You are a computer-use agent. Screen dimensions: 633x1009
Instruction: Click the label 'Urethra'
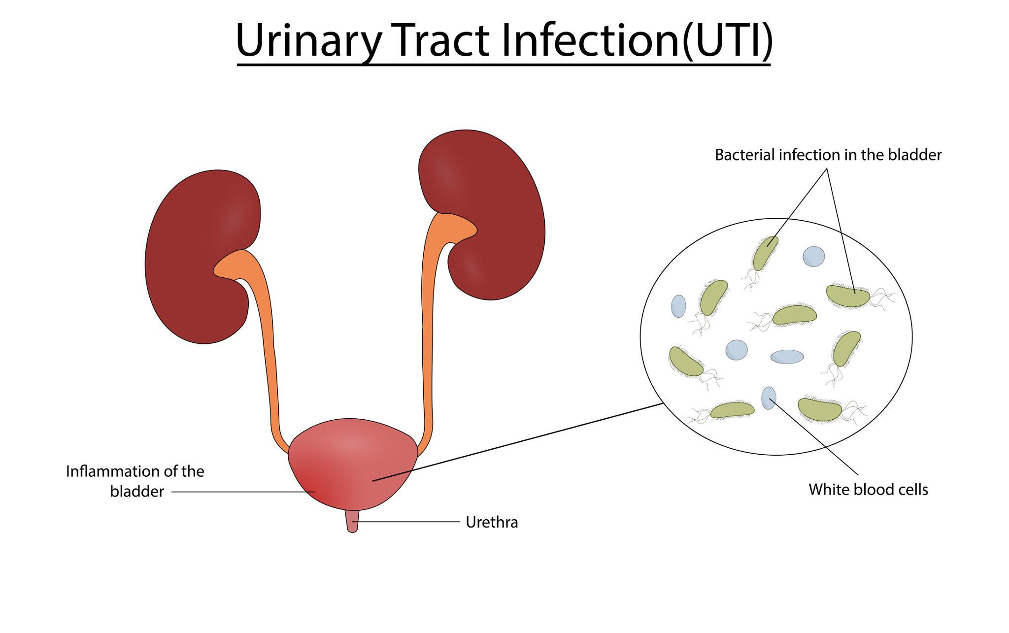pyautogui.click(x=492, y=522)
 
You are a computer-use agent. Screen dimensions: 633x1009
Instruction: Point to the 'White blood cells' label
pyautogui.click(x=868, y=490)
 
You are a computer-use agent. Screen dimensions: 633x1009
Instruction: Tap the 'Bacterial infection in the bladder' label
pyautogui.click(x=828, y=155)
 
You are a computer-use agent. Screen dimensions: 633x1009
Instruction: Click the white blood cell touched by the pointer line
pyautogui.click(x=769, y=398)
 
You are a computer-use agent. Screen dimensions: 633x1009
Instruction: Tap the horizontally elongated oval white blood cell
pyautogui.click(x=787, y=357)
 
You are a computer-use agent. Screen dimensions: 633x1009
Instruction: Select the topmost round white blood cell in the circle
pyautogui.click(x=813, y=257)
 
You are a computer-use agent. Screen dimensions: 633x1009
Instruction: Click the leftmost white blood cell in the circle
pyautogui.click(x=678, y=306)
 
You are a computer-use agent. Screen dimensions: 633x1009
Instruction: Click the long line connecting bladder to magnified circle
pyautogui.click(x=517, y=442)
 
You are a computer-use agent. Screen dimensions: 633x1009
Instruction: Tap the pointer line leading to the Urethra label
pyautogui.click(x=409, y=522)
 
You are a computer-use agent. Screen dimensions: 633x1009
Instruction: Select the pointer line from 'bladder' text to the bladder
pyautogui.click(x=241, y=492)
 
